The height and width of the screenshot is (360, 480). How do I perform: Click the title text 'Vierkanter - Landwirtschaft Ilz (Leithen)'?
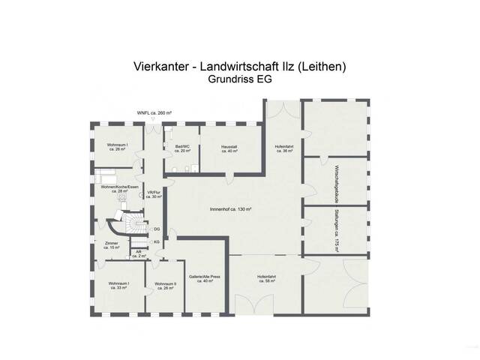[x=239, y=67]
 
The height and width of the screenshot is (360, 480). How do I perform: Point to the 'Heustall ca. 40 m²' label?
[x=229, y=148]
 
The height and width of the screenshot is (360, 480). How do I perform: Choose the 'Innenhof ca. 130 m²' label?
[x=230, y=209]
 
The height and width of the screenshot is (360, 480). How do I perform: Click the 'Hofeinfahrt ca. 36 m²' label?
[x=283, y=148]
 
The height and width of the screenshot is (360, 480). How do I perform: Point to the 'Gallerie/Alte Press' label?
[x=204, y=276]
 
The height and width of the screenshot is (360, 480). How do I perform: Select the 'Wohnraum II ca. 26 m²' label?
[x=164, y=286]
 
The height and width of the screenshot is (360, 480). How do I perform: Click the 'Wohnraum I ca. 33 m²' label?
[x=118, y=286]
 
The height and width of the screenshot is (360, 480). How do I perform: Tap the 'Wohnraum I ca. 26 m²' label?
[x=115, y=147]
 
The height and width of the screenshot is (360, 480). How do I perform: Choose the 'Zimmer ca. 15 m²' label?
[x=112, y=245]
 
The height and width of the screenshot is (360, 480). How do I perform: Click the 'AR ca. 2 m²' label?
[x=138, y=253]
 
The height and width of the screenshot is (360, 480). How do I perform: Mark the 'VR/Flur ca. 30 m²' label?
[x=154, y=194]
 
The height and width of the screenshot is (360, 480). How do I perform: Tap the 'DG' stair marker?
[x=157, y=229]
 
